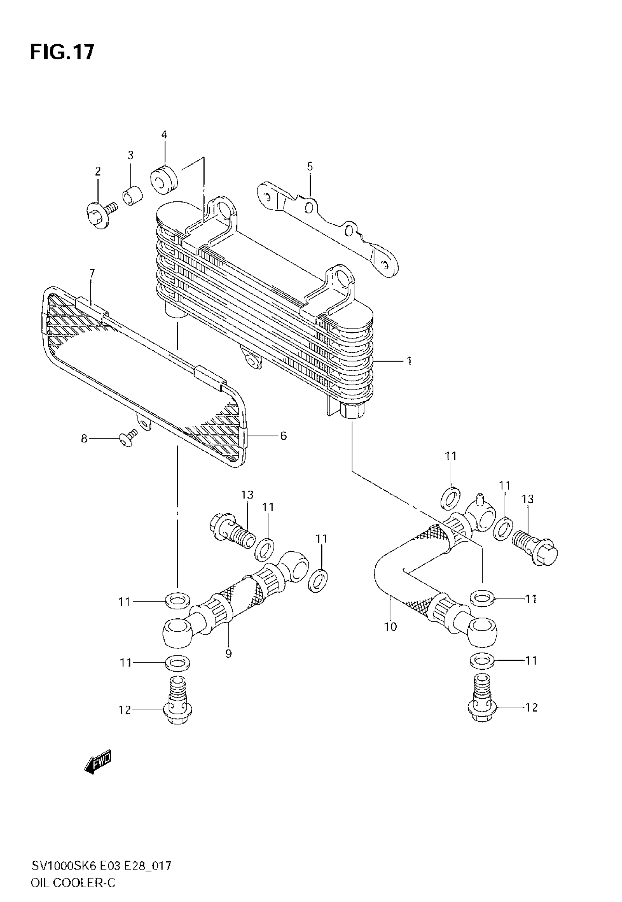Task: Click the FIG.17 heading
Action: click(x=62, y=52)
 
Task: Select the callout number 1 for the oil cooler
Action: click(x=409, y=361)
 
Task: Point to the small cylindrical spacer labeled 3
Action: click(x=132, y=196)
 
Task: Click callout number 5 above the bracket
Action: click(x=310, y=167)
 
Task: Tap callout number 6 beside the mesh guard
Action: click(x=283, y=436)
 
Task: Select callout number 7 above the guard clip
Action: click(x=92, y=273)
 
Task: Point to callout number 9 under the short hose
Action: click(x=228, y=653)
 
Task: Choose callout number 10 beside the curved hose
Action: click(x=390, y=627)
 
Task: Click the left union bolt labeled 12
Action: click(x=178, y=706)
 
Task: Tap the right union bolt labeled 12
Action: click(x=483, y=704)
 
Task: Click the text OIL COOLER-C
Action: click(x=73, y=883)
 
